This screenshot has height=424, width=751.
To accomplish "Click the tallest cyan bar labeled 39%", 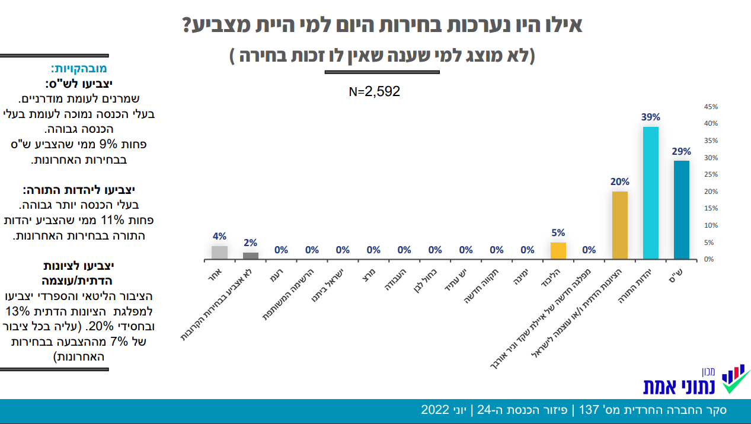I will (650, 193).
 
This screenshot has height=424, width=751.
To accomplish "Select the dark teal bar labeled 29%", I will (681, 210).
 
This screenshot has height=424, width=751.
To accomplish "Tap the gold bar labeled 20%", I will (619, 225).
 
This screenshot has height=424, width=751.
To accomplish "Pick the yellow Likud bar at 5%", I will (558, 251).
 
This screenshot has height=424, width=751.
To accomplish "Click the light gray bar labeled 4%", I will (219, 253).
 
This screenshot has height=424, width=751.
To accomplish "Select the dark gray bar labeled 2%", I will (250, 256).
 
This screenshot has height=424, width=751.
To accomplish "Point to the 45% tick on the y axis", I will (710, 107).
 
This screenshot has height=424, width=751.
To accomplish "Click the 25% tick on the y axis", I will (710, 175).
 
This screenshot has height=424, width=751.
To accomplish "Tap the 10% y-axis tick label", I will (710, 226).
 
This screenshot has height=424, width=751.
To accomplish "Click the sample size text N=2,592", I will (375, 92).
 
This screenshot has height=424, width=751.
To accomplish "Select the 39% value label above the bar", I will (650, 117).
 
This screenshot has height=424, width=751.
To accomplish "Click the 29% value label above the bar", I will (681, 151).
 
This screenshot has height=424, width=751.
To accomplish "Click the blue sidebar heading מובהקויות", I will (78, 68).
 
